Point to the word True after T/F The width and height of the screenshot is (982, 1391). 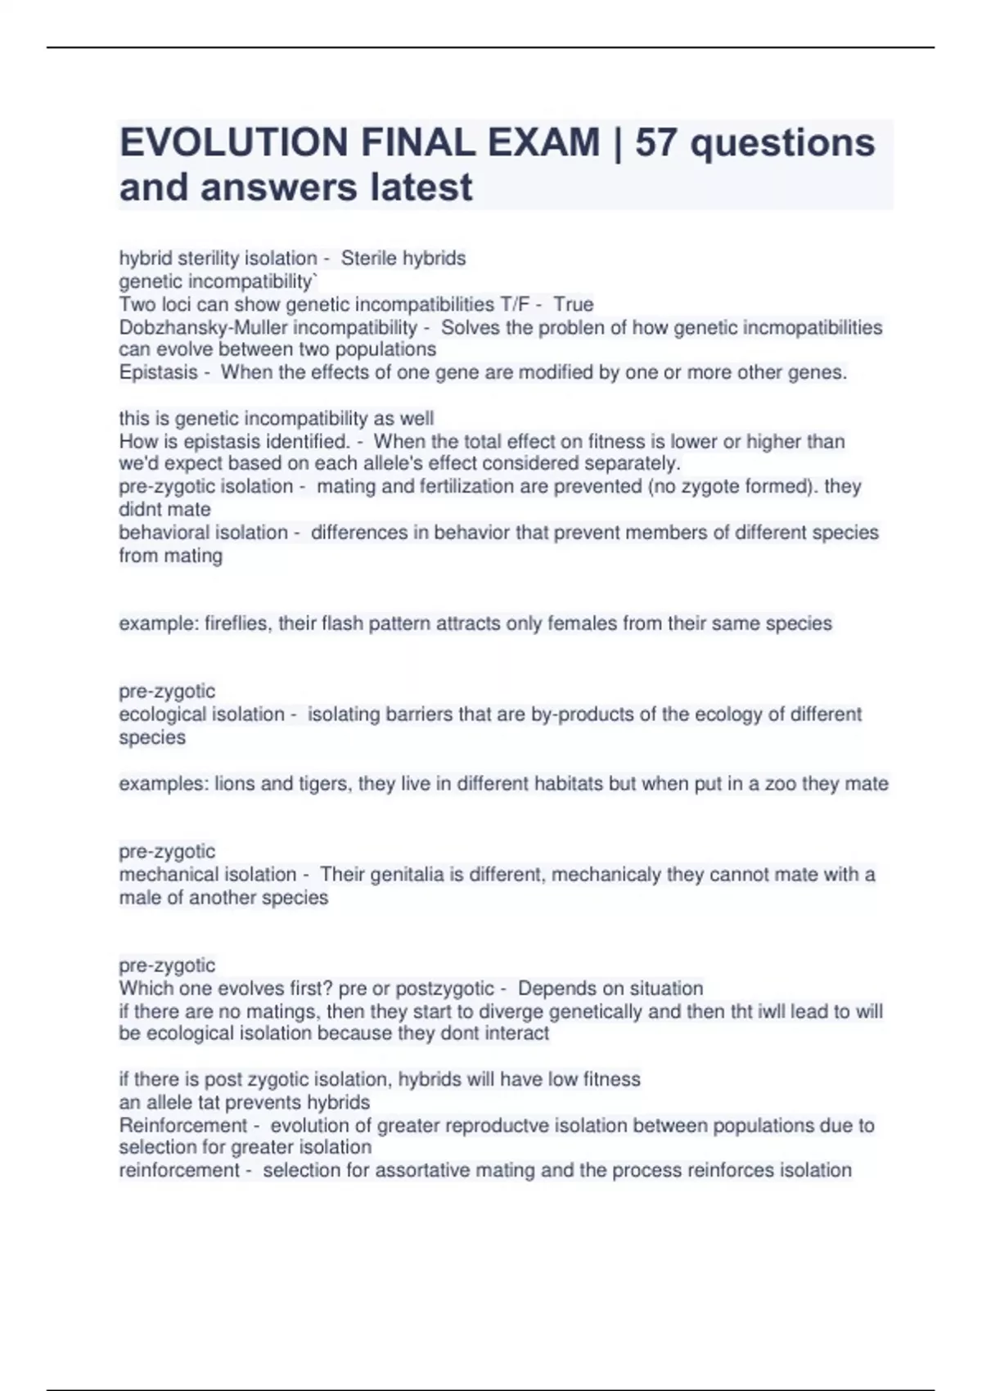point(573,304)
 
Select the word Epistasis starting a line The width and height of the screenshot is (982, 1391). point(158,372)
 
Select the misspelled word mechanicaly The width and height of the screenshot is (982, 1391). point(606,875)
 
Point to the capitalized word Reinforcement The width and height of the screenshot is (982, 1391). point(182,1125)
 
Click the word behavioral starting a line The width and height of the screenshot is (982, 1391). point(161,533)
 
